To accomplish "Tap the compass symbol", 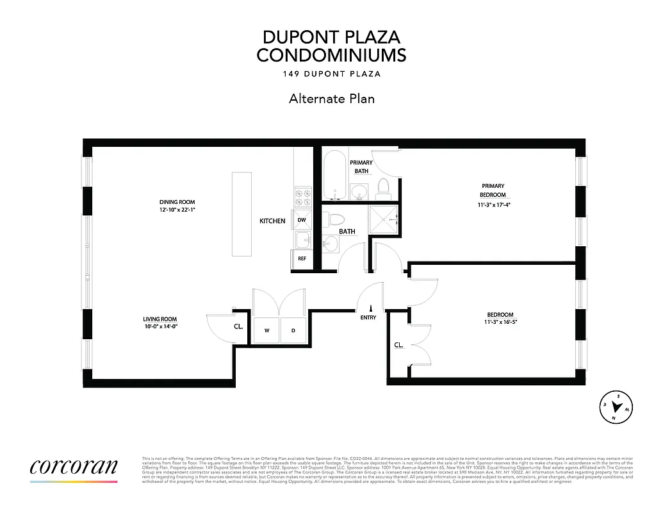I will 617,407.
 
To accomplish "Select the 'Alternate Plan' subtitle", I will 331,99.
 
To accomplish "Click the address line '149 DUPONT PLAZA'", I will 331,74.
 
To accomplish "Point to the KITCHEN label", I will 272,221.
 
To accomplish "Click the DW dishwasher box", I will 302,220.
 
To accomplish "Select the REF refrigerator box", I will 302,258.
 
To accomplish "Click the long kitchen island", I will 241,214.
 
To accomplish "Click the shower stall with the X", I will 383,219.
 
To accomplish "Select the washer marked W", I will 266,331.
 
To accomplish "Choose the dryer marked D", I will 293,331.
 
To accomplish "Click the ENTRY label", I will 368,317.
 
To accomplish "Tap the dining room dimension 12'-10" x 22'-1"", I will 177,210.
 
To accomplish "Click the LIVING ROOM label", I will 160,319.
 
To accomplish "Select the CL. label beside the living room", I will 238,326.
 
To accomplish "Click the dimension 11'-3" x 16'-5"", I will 500,323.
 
